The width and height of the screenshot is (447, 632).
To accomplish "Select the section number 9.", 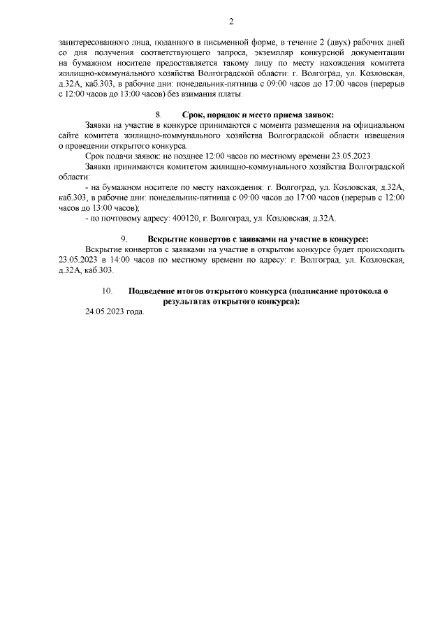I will (124, 240).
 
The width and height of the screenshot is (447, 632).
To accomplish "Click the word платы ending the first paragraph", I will (229, 94).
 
